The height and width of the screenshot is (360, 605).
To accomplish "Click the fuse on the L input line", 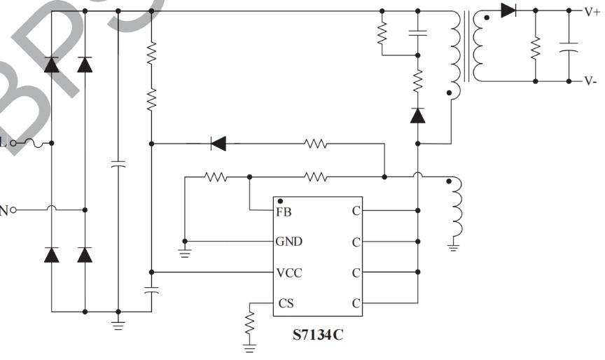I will coord(34,143).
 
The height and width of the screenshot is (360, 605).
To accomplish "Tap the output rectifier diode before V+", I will coord(509,11).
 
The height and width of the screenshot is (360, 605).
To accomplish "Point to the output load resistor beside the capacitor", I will coord(535,48).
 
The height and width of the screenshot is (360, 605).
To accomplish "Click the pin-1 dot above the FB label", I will coord(280,202).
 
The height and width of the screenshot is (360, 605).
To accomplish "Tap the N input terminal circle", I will coord(13,209).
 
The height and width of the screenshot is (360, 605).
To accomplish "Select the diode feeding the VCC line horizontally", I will coord(218,144).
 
